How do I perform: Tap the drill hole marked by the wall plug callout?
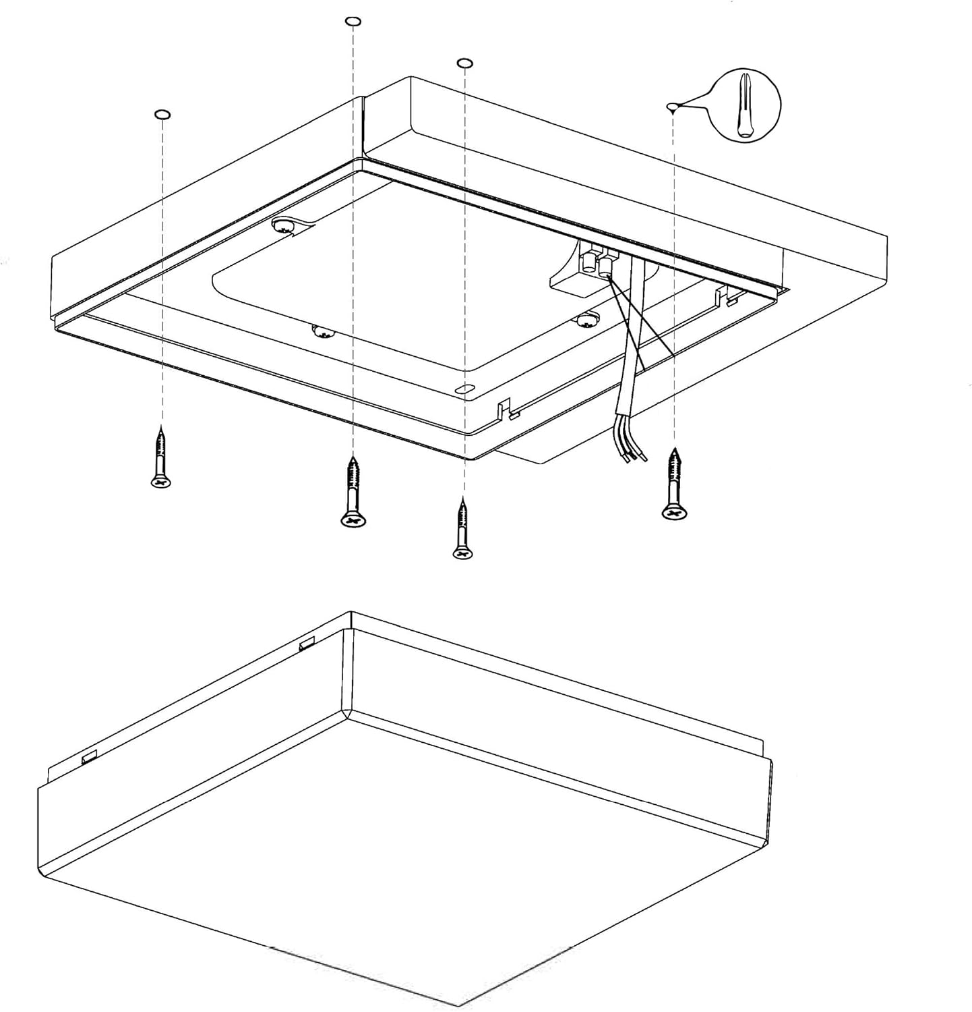pos(671,106)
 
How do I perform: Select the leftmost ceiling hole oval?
pos(162,114)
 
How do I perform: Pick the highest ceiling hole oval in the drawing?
pos(353,22)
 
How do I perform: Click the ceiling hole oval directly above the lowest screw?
pos(464,63)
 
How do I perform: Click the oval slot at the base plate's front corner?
pos(464,389)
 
